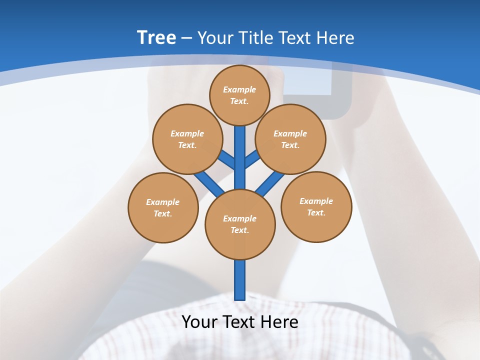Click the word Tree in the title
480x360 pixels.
click(x=156, y=37)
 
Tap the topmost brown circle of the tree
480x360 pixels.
click(x=239, y=95)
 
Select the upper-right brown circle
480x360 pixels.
click(x=290, y=139)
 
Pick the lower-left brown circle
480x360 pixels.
click(x=163, y=207)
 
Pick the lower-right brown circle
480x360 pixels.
click(x=316, y=206)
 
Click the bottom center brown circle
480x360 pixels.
click(x=240, y=224)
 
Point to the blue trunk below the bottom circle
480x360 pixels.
click(x=240, y=280)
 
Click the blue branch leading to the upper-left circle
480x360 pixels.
click(x=227, y=160)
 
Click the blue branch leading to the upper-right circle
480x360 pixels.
click(x=252, y=158)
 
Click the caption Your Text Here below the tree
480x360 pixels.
click(x=240, y=321)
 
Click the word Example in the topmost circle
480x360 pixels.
click(x=239, y=89)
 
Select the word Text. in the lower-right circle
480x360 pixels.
click(x=316, y=212)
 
